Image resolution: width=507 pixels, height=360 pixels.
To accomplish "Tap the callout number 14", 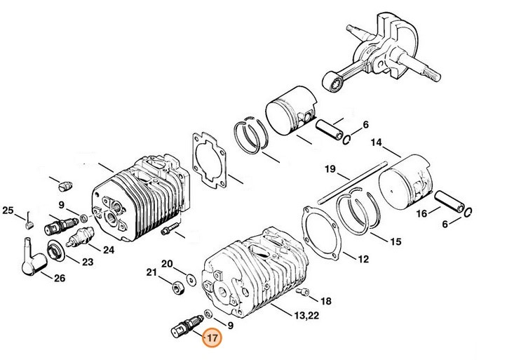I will (x=377, y=143).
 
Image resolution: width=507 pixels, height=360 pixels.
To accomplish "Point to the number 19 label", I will (x=330, y=169).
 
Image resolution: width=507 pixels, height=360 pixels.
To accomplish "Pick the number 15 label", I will (x=396, y=242).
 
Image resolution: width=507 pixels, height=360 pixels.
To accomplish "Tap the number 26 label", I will (x=60, y=277).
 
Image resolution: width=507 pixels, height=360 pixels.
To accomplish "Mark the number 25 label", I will (x=8, y=210).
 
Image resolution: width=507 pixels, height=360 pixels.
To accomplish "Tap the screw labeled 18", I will (x=302, y=291).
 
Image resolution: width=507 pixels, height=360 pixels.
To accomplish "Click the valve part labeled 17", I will (x=184, y=325).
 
